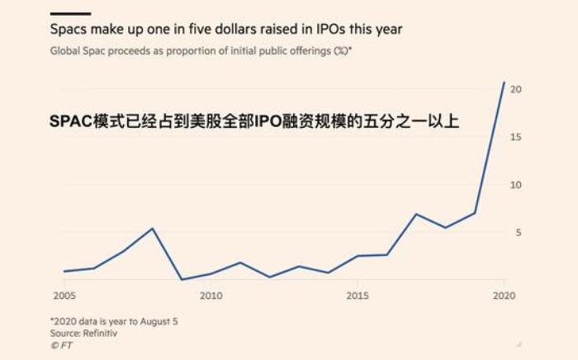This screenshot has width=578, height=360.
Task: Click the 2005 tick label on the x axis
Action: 64,296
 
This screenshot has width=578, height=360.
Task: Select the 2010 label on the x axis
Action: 211,296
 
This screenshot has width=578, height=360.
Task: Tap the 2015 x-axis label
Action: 357,296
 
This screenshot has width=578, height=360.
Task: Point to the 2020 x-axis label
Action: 503,296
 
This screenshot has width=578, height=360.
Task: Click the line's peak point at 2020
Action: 504,82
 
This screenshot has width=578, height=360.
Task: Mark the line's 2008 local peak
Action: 152,229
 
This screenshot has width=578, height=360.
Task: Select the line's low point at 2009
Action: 182,279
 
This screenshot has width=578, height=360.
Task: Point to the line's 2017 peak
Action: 416,214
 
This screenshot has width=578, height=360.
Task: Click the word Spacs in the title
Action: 69,30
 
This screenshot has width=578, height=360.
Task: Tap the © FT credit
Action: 62,346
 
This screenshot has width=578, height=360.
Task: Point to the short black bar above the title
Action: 70,13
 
